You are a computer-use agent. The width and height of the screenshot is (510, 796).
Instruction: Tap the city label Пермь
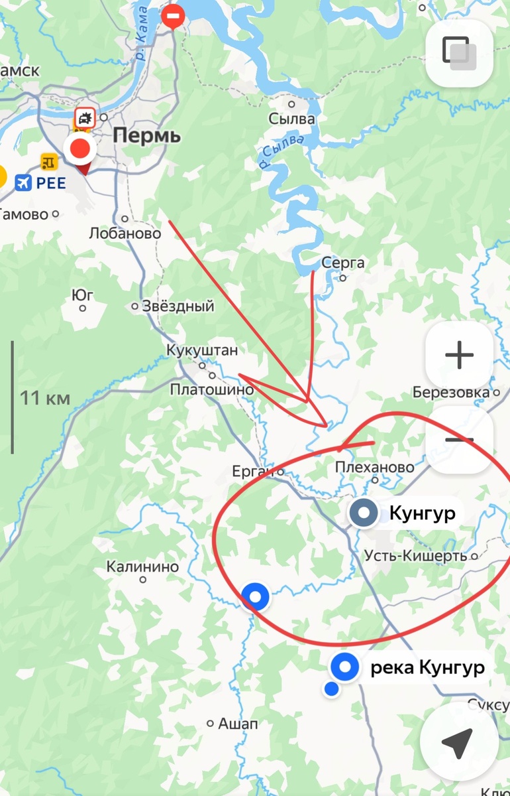tap(146, 136)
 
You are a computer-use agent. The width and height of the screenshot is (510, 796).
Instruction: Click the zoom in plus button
tap(459, 356)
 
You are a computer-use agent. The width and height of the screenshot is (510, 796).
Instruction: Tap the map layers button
tap(459, 53)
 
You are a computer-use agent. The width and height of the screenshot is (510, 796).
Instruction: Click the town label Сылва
tap(292, 119)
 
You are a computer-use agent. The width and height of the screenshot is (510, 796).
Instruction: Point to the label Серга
tap(342, 263)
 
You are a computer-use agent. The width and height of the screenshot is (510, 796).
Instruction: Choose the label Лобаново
tap(125, 233)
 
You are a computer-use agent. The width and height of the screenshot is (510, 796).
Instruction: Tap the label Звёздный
tap(174, 306)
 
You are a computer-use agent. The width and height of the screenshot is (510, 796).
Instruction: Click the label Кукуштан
tap(202, 350)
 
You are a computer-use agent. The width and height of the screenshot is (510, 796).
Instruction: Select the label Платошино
tap(212, 389)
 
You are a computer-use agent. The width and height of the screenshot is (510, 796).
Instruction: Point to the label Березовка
tap(451, 392)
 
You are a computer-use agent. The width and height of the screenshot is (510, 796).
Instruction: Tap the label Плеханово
tap(375, 467)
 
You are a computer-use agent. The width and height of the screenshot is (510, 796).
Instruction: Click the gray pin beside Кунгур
tap(363, 513)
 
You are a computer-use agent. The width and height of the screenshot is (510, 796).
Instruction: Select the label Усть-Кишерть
tap(416, 556)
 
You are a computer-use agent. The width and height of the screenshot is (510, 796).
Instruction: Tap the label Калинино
tap(143, 567)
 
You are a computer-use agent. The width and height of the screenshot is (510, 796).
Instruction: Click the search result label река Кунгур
tap(427, 667)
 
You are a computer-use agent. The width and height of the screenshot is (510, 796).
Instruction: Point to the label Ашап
tap(238, 723)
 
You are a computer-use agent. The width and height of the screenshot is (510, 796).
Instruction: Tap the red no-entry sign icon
tap(174, 15)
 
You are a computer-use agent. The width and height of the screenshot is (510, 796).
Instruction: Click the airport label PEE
tap(51, 182)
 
